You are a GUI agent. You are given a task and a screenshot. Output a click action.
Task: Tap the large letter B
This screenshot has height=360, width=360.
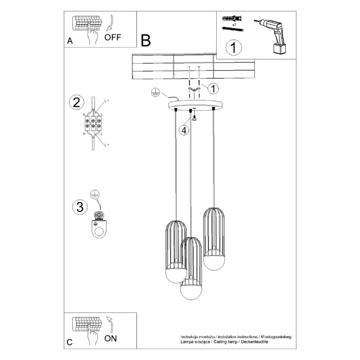click(146, 41)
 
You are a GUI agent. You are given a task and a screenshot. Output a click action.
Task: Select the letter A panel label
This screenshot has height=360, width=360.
click(70, 41)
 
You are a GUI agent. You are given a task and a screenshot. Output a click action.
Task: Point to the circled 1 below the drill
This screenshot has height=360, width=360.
click(233, 48)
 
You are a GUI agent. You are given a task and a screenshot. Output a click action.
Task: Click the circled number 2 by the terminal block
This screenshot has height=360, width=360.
click(76, 103)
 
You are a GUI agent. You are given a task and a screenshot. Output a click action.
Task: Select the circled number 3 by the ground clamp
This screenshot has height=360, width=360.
click(80, 206)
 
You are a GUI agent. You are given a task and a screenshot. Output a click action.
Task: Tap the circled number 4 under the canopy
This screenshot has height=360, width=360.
click(184, 130)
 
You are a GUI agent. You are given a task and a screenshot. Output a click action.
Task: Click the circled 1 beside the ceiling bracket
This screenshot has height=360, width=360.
click(213, 88)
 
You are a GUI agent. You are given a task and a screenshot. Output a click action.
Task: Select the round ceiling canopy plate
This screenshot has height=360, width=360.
click(195, 105)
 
